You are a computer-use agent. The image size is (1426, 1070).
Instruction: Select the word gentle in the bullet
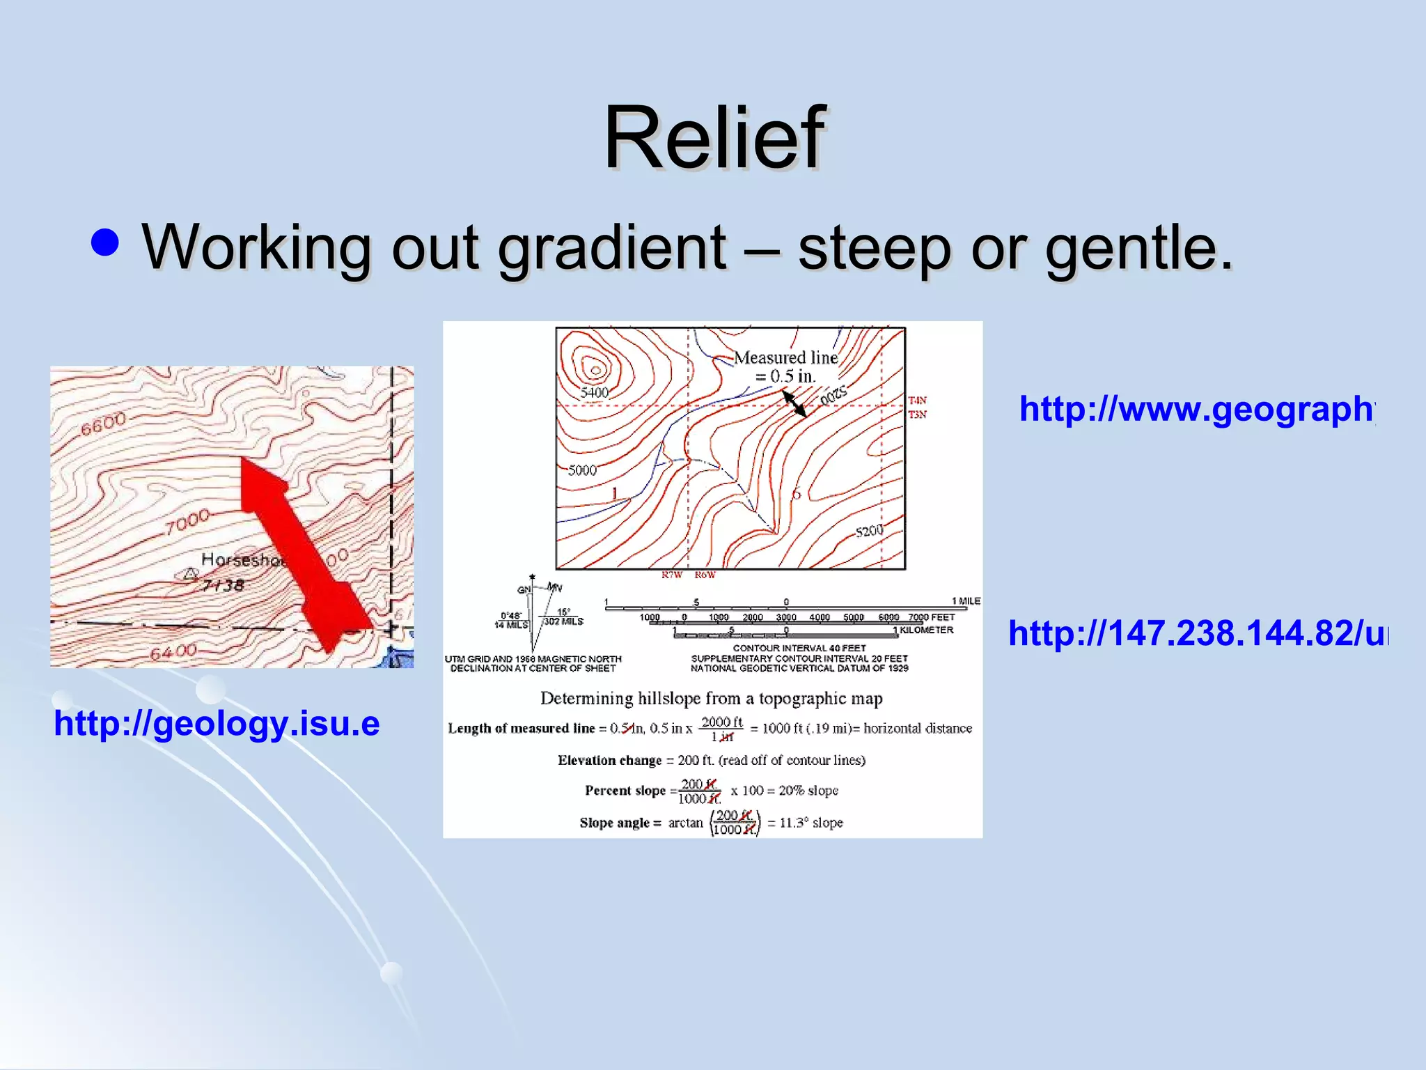click(x=1138, y=247)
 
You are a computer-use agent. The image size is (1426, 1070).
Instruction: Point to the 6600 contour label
click(x=103, y=424)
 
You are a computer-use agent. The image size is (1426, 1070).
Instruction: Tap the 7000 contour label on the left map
click(x=187, y=520)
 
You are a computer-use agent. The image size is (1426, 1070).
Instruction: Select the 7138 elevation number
click(x=223, y=584)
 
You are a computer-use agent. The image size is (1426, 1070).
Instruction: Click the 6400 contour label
click(x=173, y=652)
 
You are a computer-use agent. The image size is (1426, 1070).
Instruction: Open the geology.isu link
click(x=217, y=723)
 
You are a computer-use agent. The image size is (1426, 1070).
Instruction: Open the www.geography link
click(x=1196, y=409)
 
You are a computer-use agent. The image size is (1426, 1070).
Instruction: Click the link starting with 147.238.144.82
click(x=1198, y=633)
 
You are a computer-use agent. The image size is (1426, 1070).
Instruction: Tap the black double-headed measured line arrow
click(x=794, y=403)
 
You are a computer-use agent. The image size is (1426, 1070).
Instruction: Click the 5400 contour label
click(x=594, y=392)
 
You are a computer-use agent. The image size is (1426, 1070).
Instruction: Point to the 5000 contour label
click(x=582, y=470)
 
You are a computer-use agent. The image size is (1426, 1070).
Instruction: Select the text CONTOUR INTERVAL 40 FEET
click(x=799, y=648)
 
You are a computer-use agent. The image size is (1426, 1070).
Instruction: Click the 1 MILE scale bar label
click(x=966, y=600)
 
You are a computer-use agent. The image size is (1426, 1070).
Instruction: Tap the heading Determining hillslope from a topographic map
click(x=711, y=698)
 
